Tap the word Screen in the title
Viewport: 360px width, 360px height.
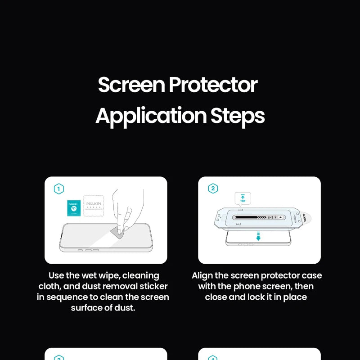click(131, 85)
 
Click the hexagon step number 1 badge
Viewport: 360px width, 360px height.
click(59, 189)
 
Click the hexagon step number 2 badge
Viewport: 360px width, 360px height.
click(213, 189)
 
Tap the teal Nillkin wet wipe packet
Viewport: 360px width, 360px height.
click(73, 208)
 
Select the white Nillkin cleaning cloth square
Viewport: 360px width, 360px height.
click(94, 206)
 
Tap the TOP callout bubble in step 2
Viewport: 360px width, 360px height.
click(243, 198)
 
